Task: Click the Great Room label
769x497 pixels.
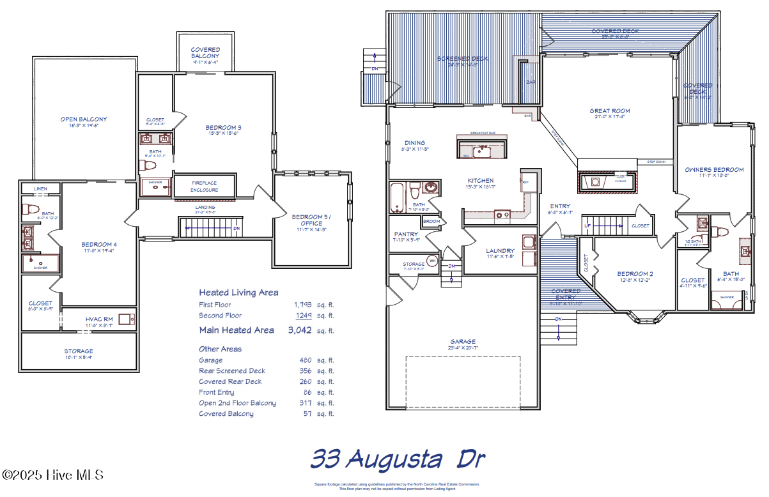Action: point(609,111)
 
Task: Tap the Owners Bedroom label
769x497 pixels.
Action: point(714,170)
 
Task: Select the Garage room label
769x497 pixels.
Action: point(462,342)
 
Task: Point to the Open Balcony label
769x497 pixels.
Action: point(84,119)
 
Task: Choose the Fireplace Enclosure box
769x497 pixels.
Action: point(205,186)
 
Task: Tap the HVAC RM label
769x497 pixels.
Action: point(98,319)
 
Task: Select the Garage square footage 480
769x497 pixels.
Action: point(306,360)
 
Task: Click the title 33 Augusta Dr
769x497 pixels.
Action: point(398,459)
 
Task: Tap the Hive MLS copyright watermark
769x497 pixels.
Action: point(52,475)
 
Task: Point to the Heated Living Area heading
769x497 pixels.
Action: point(238,293)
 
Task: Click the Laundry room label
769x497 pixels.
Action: point(500,251)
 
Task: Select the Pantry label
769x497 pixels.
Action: point(407,234)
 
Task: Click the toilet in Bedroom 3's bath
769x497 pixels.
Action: point(150,165)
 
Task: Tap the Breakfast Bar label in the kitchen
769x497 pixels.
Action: point(483,132)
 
